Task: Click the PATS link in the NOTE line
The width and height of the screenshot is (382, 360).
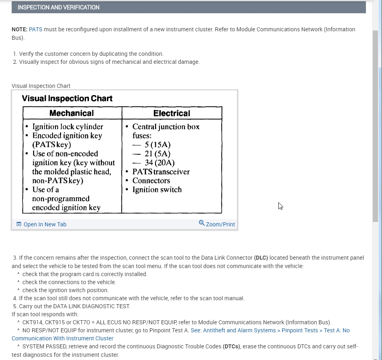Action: click(35, 29)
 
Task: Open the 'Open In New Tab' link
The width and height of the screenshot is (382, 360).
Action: click(45, 224)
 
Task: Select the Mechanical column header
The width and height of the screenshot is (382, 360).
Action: click(71, 113)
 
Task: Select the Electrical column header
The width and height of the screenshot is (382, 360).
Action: click(172, 113)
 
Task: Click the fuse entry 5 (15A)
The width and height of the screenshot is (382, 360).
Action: click(157, 144)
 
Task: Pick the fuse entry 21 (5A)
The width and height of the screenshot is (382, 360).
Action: click(157, 154)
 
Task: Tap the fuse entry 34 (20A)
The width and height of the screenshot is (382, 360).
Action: click(159, 163)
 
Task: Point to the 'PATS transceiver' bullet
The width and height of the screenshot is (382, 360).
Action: click(161, 172)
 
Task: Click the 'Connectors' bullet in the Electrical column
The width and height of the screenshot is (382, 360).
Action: click(151, 181)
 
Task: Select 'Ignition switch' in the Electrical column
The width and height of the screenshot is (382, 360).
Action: click(157, 189)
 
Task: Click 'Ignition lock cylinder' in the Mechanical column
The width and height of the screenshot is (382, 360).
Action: click(67, 127)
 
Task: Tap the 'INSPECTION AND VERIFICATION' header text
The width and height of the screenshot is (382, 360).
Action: click(58, 7)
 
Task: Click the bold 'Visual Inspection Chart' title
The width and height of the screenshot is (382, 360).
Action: click(67, 99)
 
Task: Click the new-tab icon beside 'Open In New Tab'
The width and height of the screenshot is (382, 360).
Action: click(18, 224)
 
